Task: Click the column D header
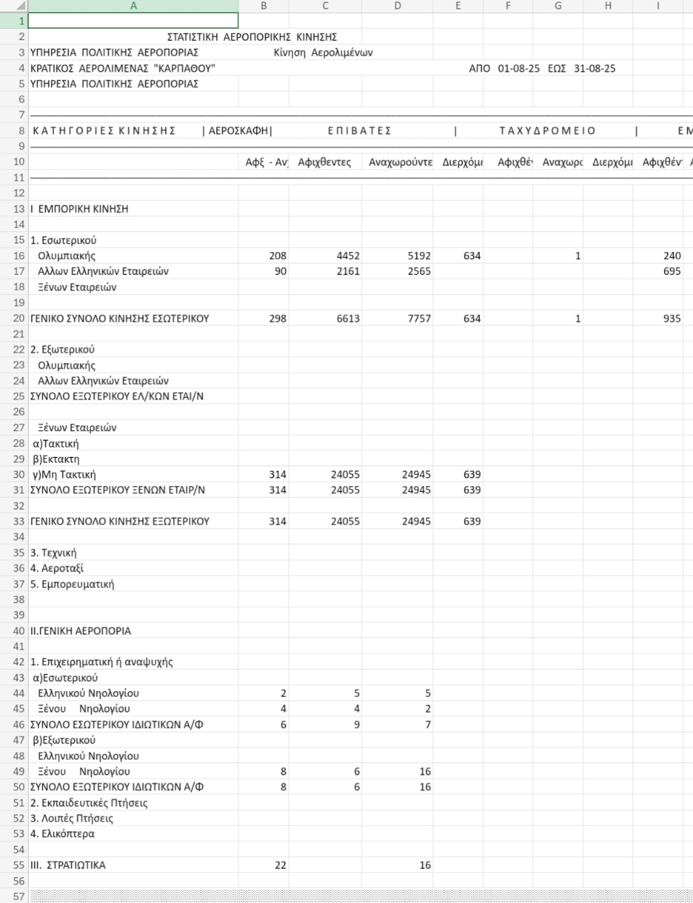(397, 6)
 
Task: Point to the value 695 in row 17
(672, 271)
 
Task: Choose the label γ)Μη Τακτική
(64, 475)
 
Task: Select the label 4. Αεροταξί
(57, 569)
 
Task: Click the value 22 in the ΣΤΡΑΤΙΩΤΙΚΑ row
(280, 865)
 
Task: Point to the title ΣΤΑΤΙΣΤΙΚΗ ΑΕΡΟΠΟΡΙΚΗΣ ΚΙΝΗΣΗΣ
(252, 37)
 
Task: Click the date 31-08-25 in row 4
(594, 69)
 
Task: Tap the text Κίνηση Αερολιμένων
(323, 52)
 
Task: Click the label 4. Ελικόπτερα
(62, 834)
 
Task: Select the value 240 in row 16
(672, 256)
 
